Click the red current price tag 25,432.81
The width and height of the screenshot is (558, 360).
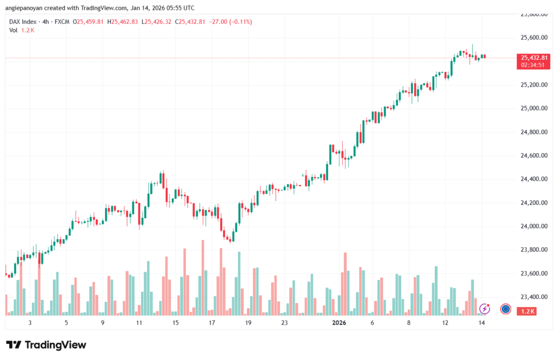[535, 58]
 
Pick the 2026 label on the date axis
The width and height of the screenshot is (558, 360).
[339, 322]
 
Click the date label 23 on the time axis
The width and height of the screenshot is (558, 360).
[284, 322]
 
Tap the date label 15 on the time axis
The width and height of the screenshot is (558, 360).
[175, 322]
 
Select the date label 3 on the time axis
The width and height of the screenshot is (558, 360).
[30, 322]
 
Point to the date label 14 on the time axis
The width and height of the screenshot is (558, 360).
[482, 322]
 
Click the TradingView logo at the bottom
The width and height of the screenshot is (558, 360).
[46, 345]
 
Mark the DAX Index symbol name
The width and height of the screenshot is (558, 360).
[23, 22]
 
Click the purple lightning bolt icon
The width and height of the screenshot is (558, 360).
[484, 309]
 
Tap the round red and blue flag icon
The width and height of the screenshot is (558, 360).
[505, 309]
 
